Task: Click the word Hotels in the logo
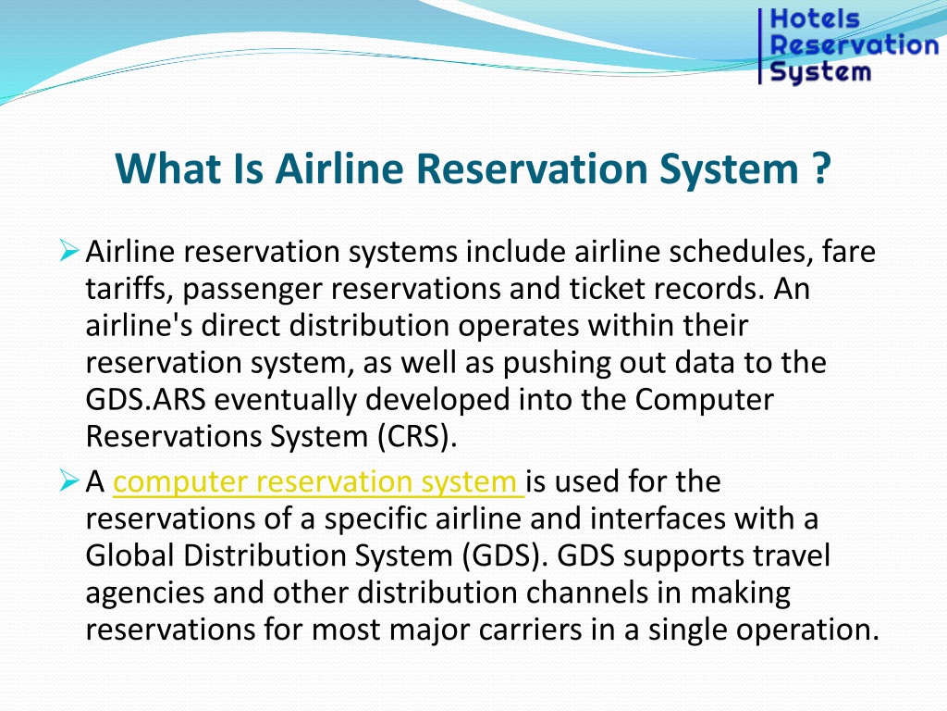[815, 19]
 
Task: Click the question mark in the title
[822, 168]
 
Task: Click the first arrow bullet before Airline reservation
[69, 250]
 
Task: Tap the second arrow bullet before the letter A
[69, 480]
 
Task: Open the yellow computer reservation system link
[318, 481]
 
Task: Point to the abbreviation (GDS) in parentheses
[506, 555]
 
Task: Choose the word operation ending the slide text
[806, 630]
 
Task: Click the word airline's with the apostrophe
[139, 325]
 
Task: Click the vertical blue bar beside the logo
[760, 46]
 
